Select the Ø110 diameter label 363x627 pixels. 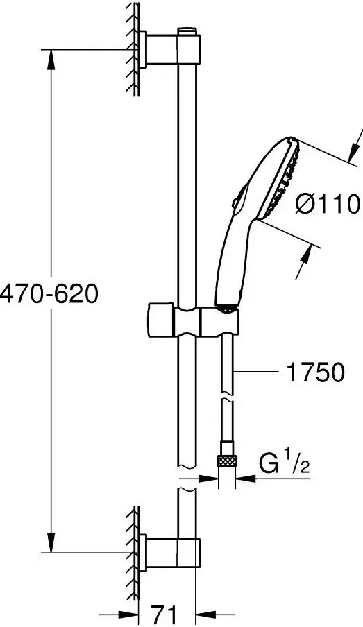(x=328, y=205)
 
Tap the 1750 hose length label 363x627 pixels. (x=315, y=372)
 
